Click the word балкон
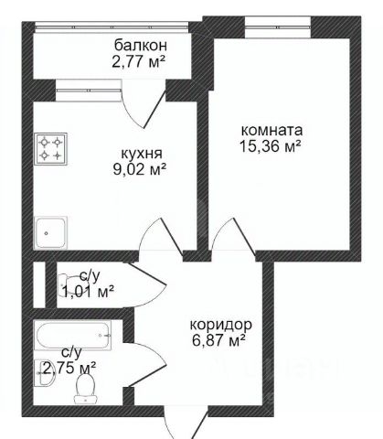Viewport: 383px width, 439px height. click(141, 46)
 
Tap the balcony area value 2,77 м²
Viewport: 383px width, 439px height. click(139, 62)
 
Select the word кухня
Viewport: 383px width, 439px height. click(142, 154)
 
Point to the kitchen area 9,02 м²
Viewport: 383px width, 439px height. click(140, 169)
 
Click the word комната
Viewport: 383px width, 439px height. click(271, 131)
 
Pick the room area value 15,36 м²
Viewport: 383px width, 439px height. click(271, 146)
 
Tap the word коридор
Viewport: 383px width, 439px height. click(221, 326)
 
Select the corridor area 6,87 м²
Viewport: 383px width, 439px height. click(218, 340)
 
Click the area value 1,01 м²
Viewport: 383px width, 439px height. click(88, 291)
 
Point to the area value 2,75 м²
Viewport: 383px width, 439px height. click(69, 368)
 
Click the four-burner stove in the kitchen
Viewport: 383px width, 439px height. click(51, 149)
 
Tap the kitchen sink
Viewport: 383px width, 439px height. click(51, 232)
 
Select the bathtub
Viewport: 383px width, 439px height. click(73, 336)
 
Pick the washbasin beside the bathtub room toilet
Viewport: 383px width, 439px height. click(45, 373)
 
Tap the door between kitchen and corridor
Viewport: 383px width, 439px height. click(162, 236)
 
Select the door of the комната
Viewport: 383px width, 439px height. click(234, 236)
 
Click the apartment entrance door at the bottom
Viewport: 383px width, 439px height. click(186, 423)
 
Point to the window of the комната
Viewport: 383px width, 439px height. click(278, 27)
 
